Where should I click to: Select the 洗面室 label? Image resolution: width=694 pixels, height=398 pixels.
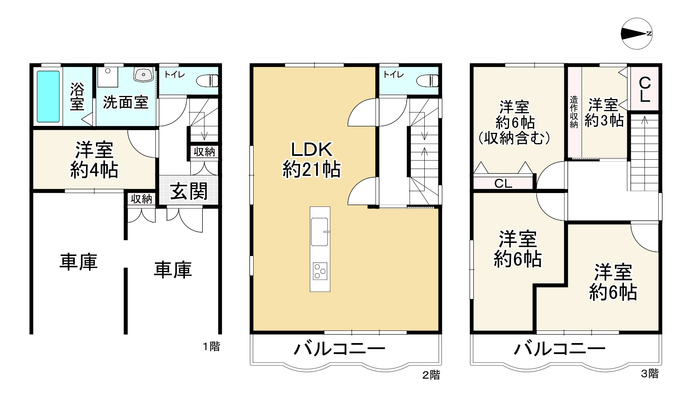125,102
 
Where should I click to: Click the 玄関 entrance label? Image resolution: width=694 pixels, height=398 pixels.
189,191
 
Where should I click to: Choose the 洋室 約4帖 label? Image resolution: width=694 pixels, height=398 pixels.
94,160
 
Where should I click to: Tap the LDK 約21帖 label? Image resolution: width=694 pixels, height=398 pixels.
312,159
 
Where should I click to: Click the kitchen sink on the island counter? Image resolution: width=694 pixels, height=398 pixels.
320,231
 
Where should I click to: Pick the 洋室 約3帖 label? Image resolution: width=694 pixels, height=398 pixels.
604,112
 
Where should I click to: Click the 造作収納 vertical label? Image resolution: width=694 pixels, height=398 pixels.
574,112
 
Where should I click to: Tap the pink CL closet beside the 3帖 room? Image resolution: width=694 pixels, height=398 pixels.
645,89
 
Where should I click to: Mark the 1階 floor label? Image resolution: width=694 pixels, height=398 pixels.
211,347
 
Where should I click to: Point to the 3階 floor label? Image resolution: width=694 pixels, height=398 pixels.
650,373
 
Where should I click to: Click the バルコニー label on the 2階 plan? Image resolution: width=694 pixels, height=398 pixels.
340,349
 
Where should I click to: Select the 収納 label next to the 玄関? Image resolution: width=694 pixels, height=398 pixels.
141,199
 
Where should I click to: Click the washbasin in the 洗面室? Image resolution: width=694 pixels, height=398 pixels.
143,74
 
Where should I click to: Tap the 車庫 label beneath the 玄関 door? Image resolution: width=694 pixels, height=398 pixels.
173,270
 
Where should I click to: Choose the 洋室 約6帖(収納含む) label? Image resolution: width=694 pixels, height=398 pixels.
514,122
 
